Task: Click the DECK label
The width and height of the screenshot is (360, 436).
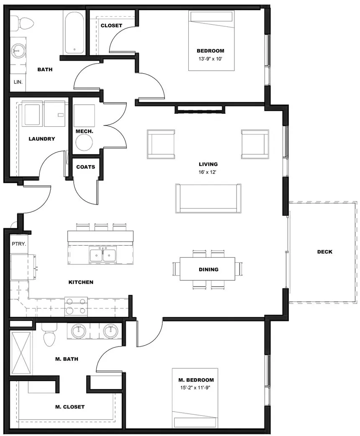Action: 324,251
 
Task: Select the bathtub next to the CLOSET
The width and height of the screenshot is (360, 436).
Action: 74,32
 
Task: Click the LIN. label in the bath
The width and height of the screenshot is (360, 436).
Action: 18,82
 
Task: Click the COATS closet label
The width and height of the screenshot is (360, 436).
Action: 85,167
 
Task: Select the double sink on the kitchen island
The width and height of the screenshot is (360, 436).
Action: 103,255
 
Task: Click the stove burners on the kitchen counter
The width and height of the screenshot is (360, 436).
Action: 76,306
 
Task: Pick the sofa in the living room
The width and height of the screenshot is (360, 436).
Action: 208,198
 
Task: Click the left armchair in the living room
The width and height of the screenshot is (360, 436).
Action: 161,144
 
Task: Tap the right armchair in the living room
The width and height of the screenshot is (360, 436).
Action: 255,144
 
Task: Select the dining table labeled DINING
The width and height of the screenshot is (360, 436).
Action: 208,269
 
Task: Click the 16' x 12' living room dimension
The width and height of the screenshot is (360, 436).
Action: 208,172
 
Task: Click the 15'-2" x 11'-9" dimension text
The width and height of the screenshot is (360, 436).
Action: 196,387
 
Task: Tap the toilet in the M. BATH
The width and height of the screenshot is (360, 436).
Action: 49,337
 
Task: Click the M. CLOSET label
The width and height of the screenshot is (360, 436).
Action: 70,407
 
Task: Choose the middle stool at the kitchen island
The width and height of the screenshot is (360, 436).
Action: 101,227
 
